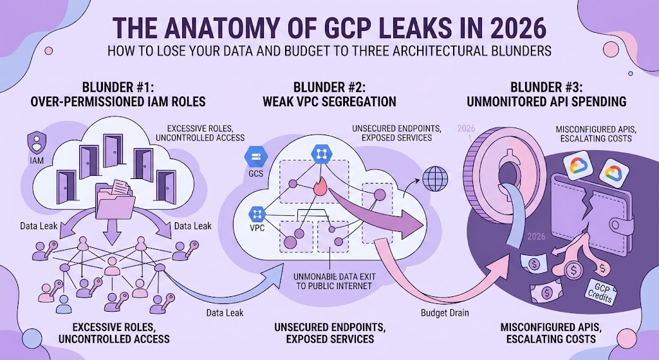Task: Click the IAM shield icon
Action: (37, 143)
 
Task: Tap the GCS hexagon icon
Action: (255, 157)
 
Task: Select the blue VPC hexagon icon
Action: (257, 214)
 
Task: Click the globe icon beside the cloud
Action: (436, 179)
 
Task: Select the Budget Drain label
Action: (445, 313)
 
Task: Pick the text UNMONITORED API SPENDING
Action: (546, 101)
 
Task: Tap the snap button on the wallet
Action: (617, 225)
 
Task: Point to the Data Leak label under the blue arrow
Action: (225, 313)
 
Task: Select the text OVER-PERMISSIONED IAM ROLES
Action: (118, 101)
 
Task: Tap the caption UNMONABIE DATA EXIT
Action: (335, 277)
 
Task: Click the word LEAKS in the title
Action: (415, 28)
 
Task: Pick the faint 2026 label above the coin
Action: (466, 129)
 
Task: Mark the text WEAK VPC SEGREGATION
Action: (329, 101)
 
